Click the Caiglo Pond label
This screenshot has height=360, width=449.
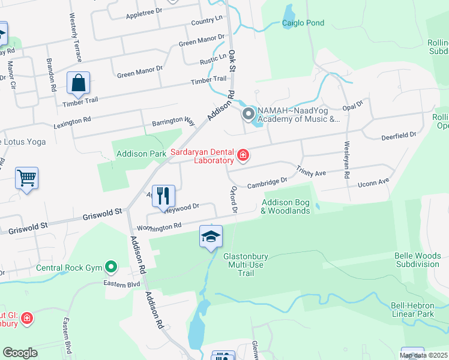[303, 23]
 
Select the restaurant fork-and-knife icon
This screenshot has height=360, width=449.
[163, 195]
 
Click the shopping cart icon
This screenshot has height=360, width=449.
[27, 178]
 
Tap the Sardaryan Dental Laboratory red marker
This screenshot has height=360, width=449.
[243, 156]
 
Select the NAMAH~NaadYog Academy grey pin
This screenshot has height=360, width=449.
[248, 113]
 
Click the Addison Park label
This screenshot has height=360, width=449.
[141, 154]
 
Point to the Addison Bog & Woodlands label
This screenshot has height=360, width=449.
[286, 206]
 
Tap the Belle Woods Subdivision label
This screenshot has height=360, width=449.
[417, 260]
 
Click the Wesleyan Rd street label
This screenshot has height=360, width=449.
[346, 160]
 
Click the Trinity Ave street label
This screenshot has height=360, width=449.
[311, 173]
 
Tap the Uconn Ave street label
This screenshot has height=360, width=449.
[375, 181]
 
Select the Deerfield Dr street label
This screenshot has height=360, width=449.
[399, 136]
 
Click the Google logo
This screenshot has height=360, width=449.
[20, 353]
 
